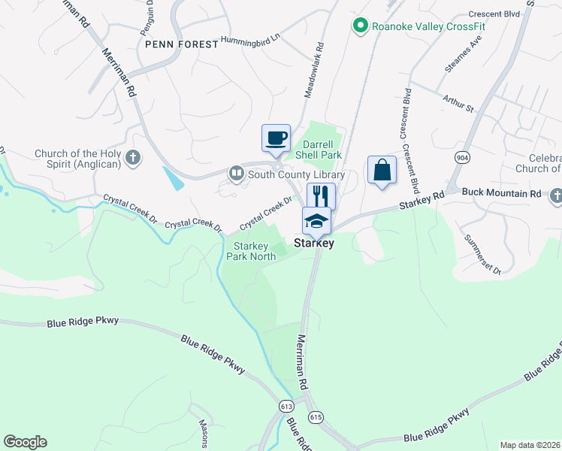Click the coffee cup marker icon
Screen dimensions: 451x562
276,138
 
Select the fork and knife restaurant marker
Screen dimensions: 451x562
321,196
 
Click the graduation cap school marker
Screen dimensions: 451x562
316,221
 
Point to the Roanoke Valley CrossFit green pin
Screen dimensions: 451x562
361,26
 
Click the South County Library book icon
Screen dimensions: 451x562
237,174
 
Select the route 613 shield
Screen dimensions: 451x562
286,406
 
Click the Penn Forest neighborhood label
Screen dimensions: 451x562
183,44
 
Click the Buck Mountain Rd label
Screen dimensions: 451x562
501,193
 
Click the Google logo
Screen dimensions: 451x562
25,442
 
